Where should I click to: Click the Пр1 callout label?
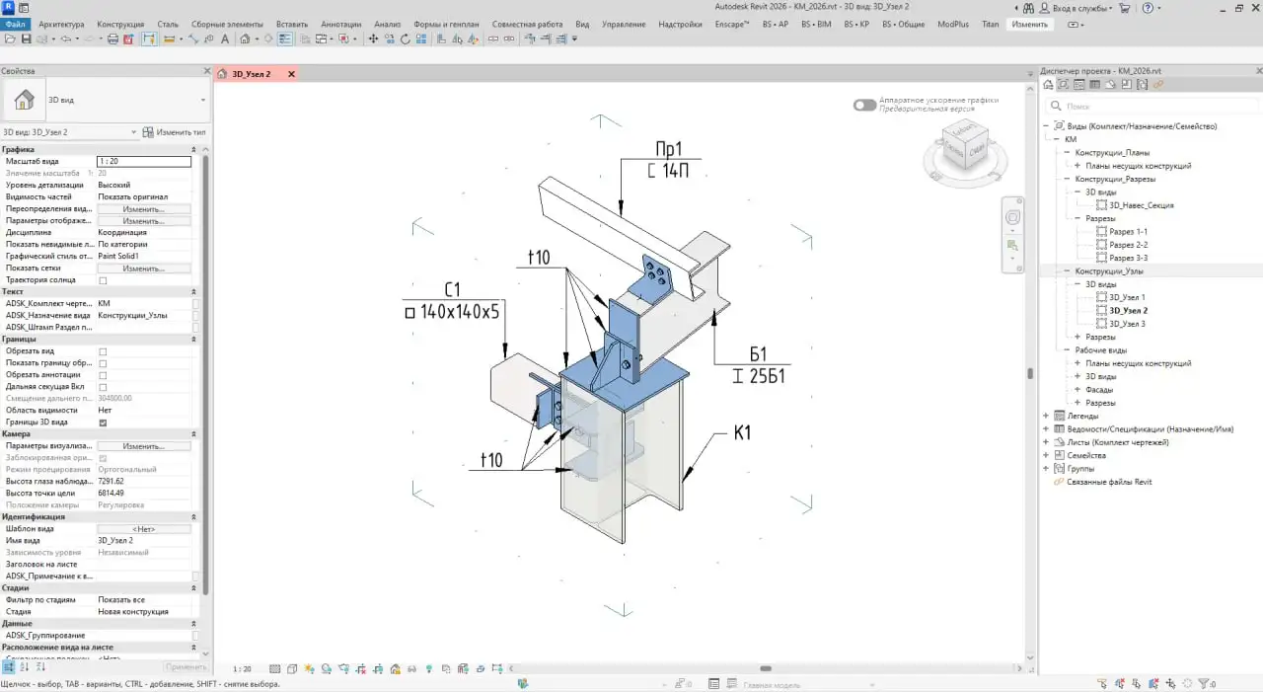coord(669,150)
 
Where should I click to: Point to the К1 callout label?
coord(742,432)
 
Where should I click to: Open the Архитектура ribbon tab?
coord(61,24)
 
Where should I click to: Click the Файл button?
coord(15,24)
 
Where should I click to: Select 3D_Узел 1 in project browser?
coord(1126,297)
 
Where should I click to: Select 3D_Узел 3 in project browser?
coord(1126,324)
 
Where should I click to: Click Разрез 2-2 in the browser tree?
coord(1128,245)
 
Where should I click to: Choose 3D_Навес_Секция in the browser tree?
coord(1141,205)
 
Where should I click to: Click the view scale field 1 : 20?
coord(143,161)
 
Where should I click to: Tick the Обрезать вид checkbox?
coord(103,351)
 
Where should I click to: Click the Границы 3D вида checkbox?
coord(103,423)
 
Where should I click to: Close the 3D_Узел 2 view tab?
coord(291,74)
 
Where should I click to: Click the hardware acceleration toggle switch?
coord(864,105)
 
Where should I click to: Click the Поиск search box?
coord(1154,106)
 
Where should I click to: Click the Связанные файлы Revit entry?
coord(1109,482)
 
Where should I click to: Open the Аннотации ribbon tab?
coord(341,24)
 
